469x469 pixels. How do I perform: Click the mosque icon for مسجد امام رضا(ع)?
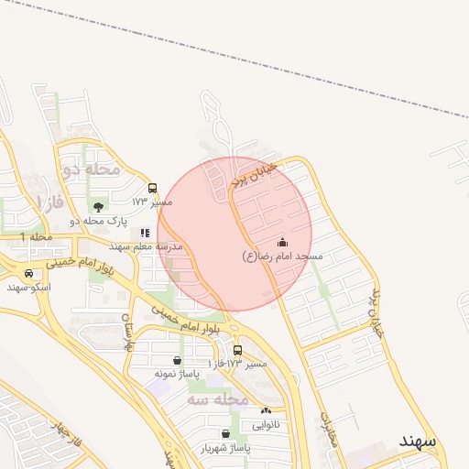pos(282,243)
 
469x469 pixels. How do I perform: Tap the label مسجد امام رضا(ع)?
pos(282,256)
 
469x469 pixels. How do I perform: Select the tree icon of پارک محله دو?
pos(98,207)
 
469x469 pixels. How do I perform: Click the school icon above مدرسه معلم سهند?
pos(145,234)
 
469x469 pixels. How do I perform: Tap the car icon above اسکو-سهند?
pos(29,274)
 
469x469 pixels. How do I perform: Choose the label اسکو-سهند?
pos(29,288)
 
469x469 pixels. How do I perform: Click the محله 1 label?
pos(38,237)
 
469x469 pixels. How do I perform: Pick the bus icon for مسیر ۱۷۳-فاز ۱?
pos(238,351)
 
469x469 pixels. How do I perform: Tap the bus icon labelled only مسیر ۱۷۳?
pos(152,188)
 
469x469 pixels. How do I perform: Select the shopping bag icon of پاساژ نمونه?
pos(177,361)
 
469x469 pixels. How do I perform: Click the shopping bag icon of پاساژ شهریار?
pos(225,434)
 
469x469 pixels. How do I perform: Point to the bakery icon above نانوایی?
pos(267,411)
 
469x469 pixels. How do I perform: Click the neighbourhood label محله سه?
pos(219,399)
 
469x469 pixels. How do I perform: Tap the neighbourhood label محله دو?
pos(92,169)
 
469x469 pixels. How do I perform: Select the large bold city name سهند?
pos(418,441)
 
